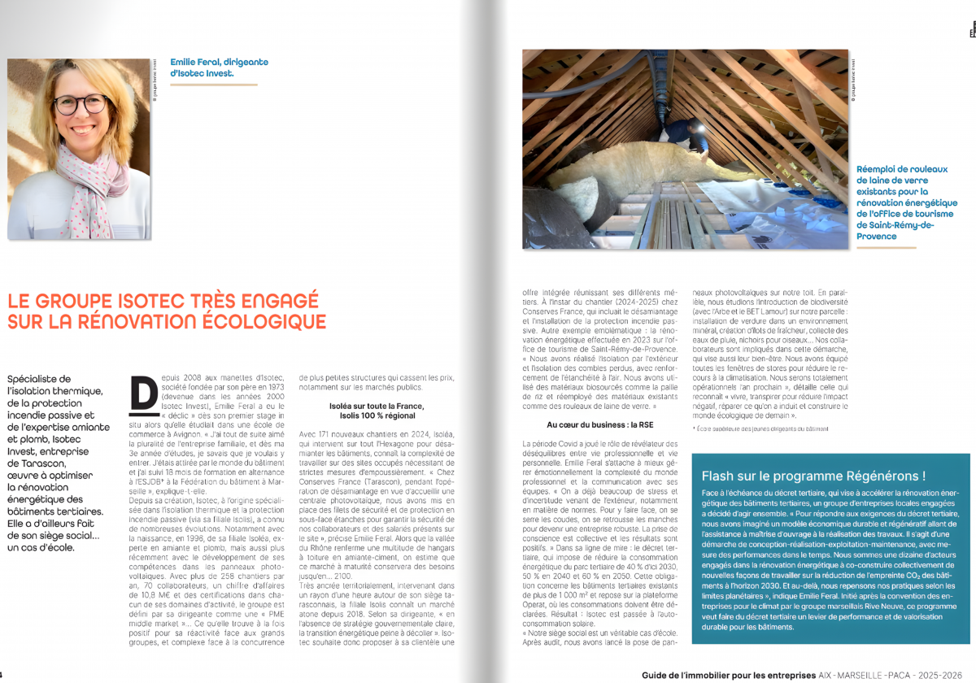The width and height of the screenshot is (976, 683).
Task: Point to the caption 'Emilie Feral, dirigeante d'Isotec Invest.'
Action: coord(219,67)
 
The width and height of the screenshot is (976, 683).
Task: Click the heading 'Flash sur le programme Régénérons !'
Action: coord(813,476)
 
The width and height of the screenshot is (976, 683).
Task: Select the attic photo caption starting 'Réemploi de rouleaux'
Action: coord(906,202)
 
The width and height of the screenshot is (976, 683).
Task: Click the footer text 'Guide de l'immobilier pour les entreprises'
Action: coord(728,675)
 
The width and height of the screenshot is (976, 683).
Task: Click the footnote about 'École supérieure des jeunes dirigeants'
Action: coord(761,429)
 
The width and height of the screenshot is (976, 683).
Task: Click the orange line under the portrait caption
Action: coord(214,84)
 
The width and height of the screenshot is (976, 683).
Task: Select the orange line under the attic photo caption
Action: coord(886,247)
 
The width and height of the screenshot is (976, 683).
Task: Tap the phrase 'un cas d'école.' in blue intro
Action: coord(41,547)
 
